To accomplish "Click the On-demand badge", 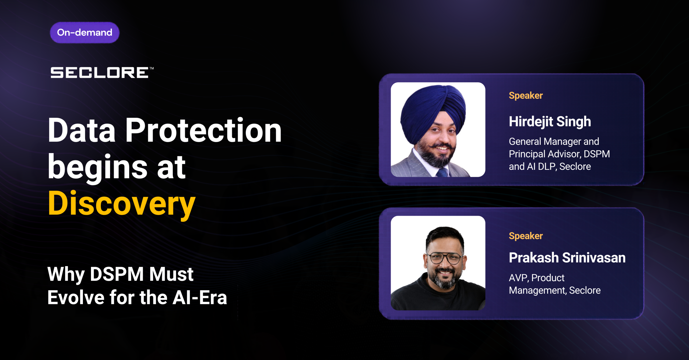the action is [x=85, y=33].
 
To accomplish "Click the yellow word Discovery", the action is [x=122, y=204].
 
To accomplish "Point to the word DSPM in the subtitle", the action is [x=117, y=274].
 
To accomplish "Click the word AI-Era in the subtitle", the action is [x=200, y=298].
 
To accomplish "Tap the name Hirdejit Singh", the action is [x=550, y=122].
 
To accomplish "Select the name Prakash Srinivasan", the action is [x=567, y=258].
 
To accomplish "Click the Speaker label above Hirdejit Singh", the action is [x=526, y=96].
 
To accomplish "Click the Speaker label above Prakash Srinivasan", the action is [x=526, y=236].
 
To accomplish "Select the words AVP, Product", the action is [x=536, y=278].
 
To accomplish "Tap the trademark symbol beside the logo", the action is [x=152, y=68].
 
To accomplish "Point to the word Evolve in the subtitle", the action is [x=76, y=298].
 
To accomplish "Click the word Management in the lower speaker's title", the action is [x=537, y=291].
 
